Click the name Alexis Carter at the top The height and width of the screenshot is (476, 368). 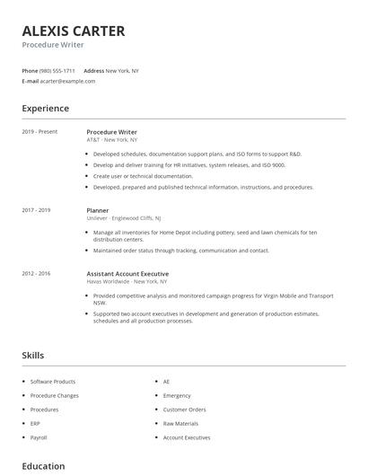point(74,31)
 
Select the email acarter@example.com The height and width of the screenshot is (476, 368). point(68,81)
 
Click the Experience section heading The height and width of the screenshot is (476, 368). point(45,109)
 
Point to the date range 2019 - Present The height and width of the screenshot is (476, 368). point(39,132)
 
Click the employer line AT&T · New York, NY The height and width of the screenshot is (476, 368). point(112,140)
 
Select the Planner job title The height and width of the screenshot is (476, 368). point(98,210)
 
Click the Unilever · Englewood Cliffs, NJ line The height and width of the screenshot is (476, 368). point(123,218)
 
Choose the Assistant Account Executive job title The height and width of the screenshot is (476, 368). point(127,274)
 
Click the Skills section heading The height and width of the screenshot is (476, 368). point(33,356)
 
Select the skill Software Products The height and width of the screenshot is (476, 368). point(53,382)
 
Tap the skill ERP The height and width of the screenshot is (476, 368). point(36,423)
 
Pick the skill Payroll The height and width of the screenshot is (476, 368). point(39,437)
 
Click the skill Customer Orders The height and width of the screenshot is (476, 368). point(184,410)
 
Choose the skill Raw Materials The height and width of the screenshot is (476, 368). point(180,423)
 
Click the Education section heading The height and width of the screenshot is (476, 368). point(43,466)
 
